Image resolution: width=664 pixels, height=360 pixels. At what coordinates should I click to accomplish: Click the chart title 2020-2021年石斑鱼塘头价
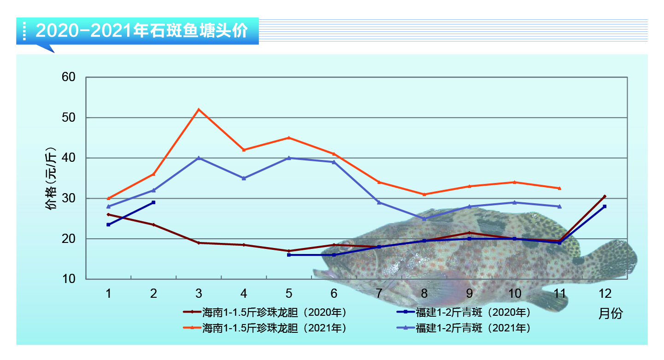click(142, 31)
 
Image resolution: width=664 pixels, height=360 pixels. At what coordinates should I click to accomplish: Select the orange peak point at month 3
click(199, 109)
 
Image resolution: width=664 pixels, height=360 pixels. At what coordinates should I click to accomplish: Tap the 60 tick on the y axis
click(68, 77)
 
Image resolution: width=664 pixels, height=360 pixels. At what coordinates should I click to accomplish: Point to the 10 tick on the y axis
click(68, 279)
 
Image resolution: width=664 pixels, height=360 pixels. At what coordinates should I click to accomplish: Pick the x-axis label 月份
click(611, 314)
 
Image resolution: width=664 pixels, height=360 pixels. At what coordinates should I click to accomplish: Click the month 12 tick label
click(605, 294)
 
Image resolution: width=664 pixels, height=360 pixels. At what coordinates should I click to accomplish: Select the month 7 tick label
click(379, 294)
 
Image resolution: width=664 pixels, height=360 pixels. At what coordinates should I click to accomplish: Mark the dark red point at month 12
click(605, 196)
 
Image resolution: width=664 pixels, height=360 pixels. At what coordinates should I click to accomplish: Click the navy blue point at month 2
click(153, 202)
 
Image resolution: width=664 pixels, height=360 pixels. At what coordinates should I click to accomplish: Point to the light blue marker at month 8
click(424, 218)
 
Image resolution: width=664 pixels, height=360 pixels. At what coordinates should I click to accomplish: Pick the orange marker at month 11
click(559, 188)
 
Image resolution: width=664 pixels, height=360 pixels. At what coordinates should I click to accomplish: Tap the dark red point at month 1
click(108, 214)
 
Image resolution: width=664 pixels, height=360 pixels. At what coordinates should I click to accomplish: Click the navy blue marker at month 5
click(289, 255)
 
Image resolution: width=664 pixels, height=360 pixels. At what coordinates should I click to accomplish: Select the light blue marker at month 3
click(199, 158)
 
